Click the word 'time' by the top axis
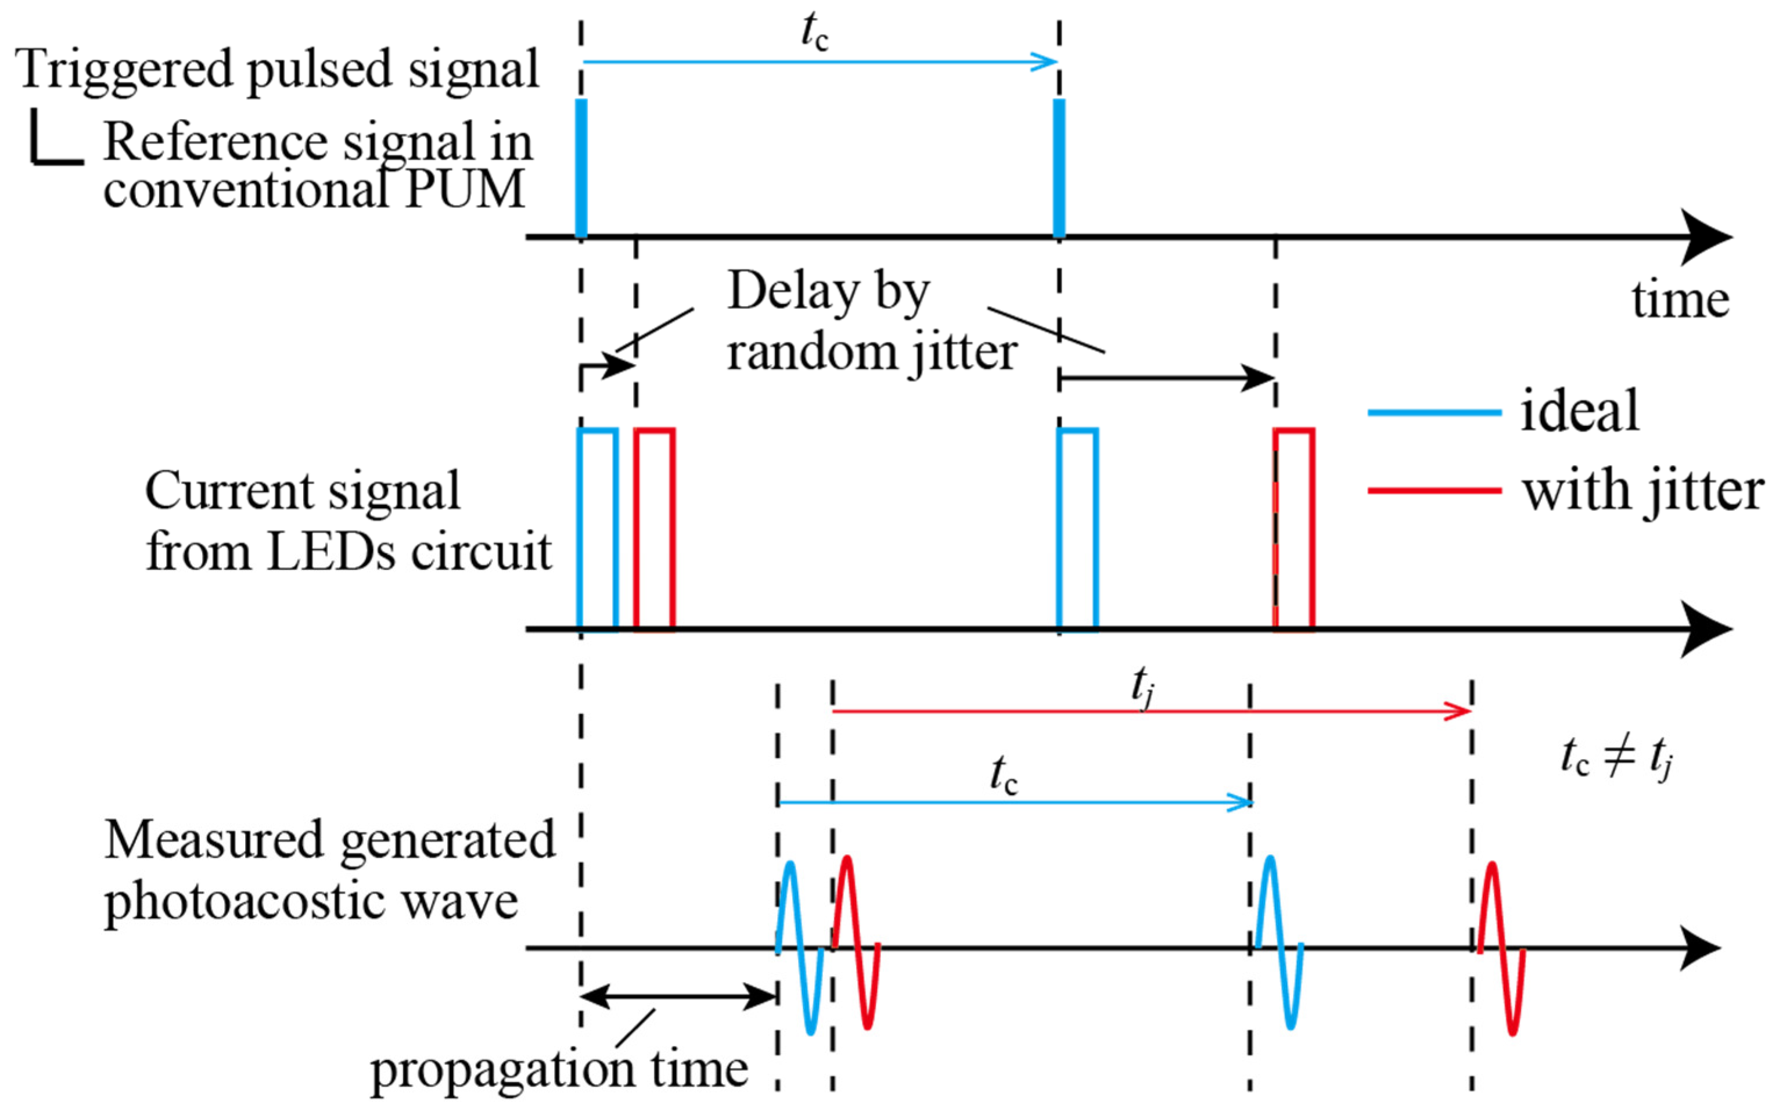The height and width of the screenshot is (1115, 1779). click(1680, 300)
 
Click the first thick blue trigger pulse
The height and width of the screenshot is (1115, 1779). click(581, 168)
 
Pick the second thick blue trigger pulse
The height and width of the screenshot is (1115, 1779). click(1059, 168)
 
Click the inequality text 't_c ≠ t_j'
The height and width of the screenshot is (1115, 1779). click(1615, 758)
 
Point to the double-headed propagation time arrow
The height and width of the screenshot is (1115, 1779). click(678, 997)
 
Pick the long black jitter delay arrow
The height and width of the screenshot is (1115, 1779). click(1167, 378)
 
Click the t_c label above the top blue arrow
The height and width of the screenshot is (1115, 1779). click(814, 33)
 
